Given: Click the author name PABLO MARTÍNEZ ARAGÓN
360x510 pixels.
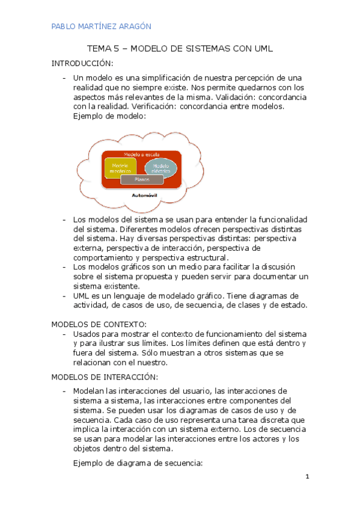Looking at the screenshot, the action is tap(101, 26).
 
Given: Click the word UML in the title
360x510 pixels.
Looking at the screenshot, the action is tap(263, 49).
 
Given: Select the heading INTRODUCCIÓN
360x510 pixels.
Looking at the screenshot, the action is tap(82, 63).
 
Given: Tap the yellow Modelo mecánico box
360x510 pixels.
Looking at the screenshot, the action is tap(120, 168).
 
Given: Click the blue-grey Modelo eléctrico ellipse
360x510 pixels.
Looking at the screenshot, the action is tap(161, 168).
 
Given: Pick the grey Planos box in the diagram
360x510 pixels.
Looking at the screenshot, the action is tap(142, 179).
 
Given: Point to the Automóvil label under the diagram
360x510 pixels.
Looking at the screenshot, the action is tap(144, 196).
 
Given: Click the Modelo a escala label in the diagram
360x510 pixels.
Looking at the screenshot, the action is tap(142, 155).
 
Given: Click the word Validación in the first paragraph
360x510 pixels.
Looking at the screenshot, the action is tap(231, 97).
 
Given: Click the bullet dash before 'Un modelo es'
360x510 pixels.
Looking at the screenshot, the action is tap(64, 78).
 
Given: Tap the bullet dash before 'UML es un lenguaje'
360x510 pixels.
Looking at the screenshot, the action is tap(64, 296).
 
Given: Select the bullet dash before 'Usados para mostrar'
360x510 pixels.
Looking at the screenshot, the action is tap(64, 333).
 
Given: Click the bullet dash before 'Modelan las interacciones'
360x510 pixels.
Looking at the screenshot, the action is tap(64, 391).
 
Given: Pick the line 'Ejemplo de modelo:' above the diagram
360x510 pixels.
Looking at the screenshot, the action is tap(109, 116).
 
